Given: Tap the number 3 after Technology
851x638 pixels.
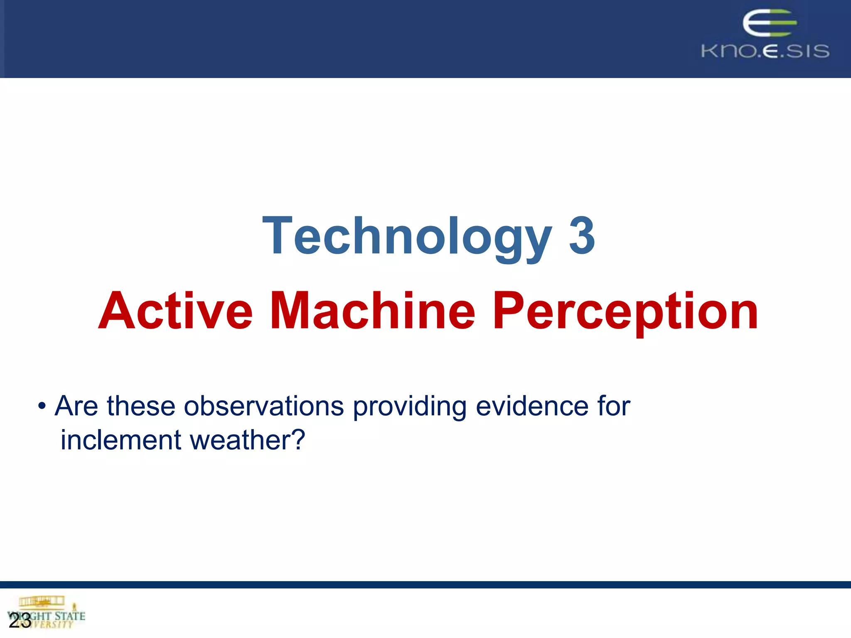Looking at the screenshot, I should [x=582, y=236].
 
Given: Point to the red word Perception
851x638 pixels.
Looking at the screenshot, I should [x=625, y=312].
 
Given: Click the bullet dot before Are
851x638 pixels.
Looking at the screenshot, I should [x=42, y=406].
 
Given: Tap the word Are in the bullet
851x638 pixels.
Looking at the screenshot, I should [x=76, y=406].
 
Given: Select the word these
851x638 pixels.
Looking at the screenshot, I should [x=141, y=406].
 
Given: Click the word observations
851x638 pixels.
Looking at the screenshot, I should [x=264, y=406].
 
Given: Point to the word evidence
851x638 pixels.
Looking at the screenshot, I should [x=531, y=406].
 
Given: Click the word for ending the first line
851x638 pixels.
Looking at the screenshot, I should [x=614, y=406].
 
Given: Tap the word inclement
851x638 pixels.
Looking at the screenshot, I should [x=121, y=440].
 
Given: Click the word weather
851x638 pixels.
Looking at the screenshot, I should [x=237, y=440].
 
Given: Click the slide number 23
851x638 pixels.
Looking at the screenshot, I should [x=20, y=621].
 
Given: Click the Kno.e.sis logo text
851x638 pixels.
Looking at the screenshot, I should [x=765, y=51].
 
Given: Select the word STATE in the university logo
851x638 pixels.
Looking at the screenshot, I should [x=70, y=616].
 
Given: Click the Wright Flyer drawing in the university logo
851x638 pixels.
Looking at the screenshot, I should [x=42, y=601].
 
